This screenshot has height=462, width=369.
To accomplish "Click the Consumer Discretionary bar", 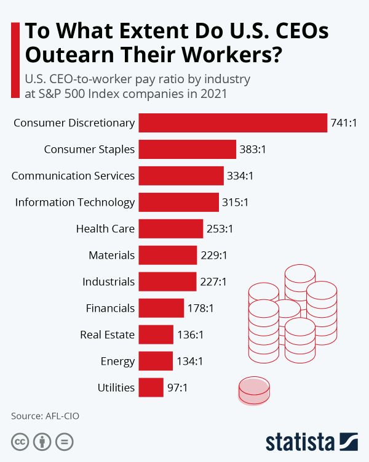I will [232, 123].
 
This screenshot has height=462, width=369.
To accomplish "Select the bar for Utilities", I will [151, 387].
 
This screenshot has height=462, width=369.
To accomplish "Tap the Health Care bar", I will [170, 229].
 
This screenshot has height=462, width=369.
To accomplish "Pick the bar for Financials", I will [161, 308].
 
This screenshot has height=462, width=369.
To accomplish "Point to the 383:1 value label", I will [253, 149].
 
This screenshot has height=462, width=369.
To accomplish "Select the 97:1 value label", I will [177, 387].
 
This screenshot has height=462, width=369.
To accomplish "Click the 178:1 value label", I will [200, 308].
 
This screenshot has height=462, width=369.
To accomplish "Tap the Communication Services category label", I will [73, 176].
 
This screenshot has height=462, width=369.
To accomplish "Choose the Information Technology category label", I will [75, 202].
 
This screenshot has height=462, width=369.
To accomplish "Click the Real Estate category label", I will [107, 334].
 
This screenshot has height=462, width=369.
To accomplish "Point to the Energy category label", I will [117, 361].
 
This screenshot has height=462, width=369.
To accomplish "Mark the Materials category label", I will [111, 255].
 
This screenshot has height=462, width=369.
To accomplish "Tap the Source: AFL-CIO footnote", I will [45, 416].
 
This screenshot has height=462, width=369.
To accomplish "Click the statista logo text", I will [300, 442].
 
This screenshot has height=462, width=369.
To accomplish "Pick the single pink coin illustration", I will [253, 391].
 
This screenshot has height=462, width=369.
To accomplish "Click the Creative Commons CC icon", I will [20, 442].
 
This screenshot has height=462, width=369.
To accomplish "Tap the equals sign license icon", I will [64, 442].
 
